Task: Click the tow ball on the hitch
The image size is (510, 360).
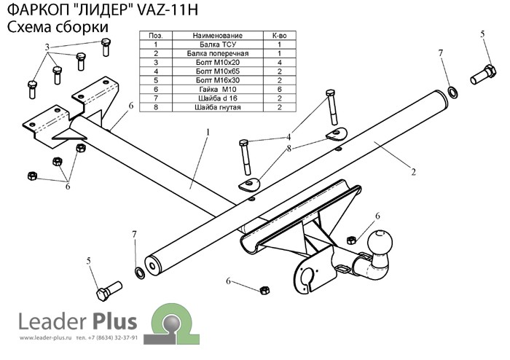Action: coord(380,243)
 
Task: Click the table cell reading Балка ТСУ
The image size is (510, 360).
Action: coord(218,44)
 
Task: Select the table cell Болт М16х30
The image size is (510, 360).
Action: coord(218,80)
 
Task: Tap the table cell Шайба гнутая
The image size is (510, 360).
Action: coord(218,107)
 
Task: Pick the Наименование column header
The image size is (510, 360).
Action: coord(218,36)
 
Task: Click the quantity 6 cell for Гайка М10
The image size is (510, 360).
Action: coord(279,89)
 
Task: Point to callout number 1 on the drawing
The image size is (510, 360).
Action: coord(208,133)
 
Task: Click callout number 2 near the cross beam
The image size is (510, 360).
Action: coord(413,172)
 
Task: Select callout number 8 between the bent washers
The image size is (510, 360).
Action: coord(289,149)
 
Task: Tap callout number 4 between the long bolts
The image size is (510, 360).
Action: coord(289,137)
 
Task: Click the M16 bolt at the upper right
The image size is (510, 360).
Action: coord(483,75)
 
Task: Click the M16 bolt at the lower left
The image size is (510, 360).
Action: coord(109,291)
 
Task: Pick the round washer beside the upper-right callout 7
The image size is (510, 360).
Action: coord(452,92)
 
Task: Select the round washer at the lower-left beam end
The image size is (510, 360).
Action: coord(140,273)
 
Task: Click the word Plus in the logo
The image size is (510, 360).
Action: coord(115,321)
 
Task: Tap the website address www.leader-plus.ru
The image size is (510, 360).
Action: coord(45,338)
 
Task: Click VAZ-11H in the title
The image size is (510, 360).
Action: coord(168,10)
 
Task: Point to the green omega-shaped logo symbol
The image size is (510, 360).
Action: coord(172,324)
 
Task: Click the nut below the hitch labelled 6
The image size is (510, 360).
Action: coord(264,290)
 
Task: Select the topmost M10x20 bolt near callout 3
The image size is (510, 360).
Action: coord(106,47)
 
